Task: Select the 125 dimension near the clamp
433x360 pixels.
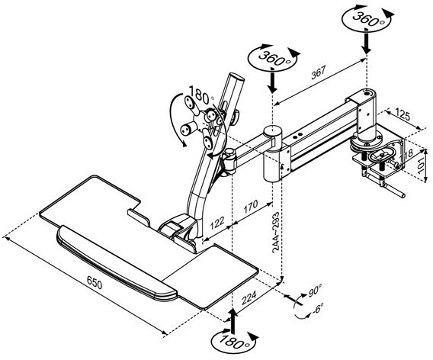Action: pos(403,115)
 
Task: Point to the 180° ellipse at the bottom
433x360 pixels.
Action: pos(233,339)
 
